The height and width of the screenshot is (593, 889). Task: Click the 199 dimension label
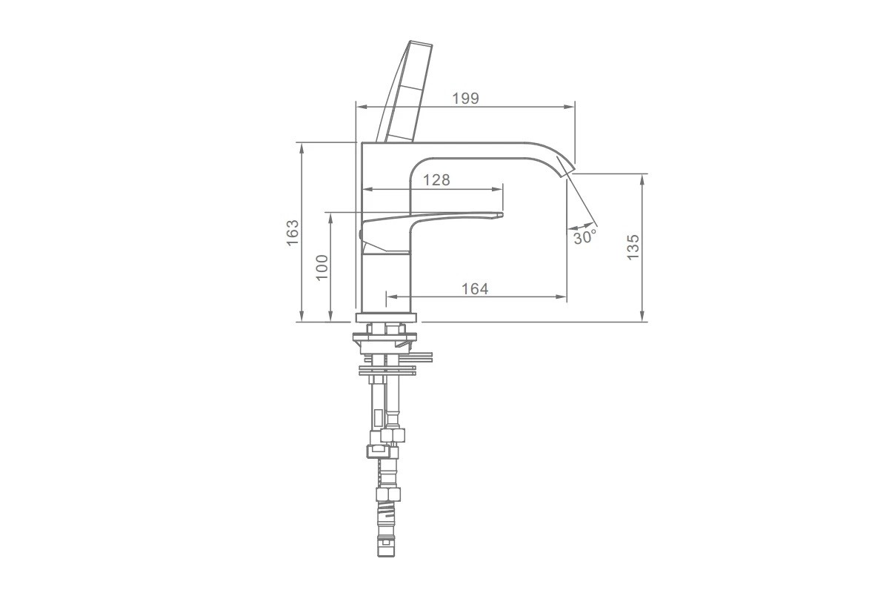pos(465,99)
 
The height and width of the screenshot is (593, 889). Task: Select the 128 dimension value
pos(436,180)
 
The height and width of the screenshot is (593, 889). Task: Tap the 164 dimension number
pos(475,289)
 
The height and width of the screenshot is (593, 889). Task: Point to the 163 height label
pos(293,233)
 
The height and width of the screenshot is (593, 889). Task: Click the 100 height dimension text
pos(322,268)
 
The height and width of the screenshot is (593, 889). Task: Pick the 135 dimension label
pos(633,248)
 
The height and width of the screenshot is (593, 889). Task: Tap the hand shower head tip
pos(421,42)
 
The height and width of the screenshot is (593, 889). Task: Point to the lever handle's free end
pos(501,215)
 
